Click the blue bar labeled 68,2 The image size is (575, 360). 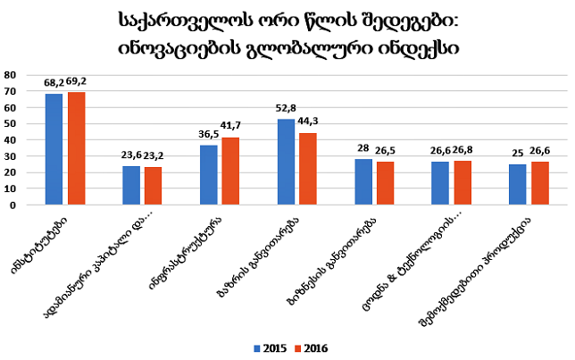[x=54, y=149]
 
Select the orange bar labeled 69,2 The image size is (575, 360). [x=76, y=148]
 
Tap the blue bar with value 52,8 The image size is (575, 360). [x=286, y=162]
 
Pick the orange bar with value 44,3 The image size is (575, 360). [x=308, y=169]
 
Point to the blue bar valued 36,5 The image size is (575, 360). [x=208, y=175]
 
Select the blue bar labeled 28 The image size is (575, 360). [x=363, y=182]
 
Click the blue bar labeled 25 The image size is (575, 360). [x=518, y=185]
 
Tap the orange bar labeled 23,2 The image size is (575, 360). [x=154, y=186]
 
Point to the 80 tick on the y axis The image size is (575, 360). [x=11, y=74]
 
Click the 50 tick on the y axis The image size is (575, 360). [x=11, y=123]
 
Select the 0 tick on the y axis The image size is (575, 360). [x=14, y=205]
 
